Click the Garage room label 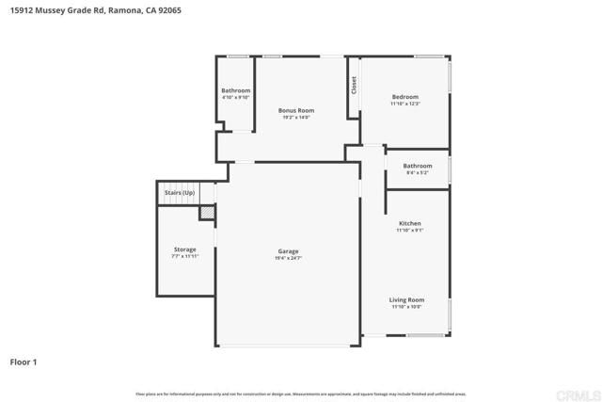coord(288,250)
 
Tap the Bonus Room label coord(294,110)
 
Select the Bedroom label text coord(404,97)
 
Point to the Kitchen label coord(409,223)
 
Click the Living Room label coord(406,299)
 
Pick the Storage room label coord(184,249)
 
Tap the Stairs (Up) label coord(179,192)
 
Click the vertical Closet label coord(355,85)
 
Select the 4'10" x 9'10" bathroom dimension coord(235,98)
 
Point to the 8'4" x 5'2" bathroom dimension coord(417,173)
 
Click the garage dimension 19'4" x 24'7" coord(288,258)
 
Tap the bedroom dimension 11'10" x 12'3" coord(404,105)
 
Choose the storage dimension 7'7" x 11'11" coord(184,257)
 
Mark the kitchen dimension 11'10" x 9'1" coord(409,231)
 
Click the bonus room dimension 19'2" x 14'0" coord(294,118)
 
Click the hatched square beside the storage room coord(207,214)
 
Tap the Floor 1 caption coord(24,362)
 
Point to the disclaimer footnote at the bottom coord(300,394)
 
